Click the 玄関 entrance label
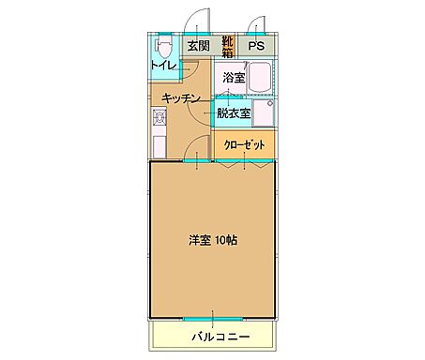pos(196,44)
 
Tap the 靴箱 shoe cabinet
pos(227,44)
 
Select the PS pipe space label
pos(255,44)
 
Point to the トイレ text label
pos(165,65)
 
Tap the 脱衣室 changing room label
pos(233,114)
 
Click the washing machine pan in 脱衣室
pos(264,113)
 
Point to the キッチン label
pos(180,98)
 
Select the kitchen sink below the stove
pos(159,142)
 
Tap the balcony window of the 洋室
pos(213,316)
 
